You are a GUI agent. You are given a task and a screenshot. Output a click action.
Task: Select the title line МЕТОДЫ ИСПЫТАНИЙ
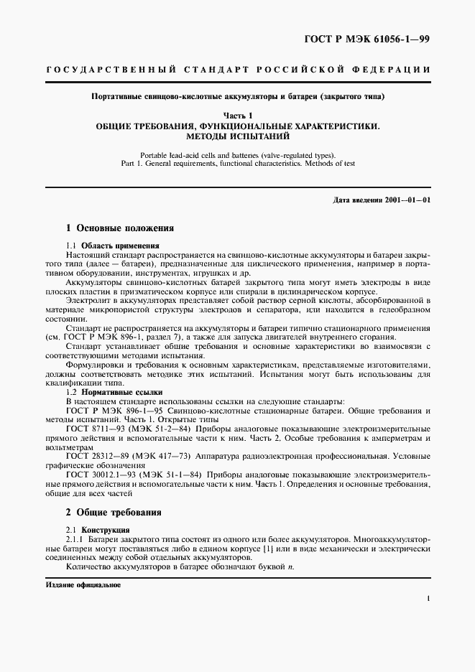pos(237,135)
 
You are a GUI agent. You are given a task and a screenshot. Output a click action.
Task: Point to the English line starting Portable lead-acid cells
pos(237,154)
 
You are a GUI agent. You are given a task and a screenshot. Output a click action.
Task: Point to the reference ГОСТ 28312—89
pos(98,456)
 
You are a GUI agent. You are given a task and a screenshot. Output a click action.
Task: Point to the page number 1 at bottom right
pos(428,598)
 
